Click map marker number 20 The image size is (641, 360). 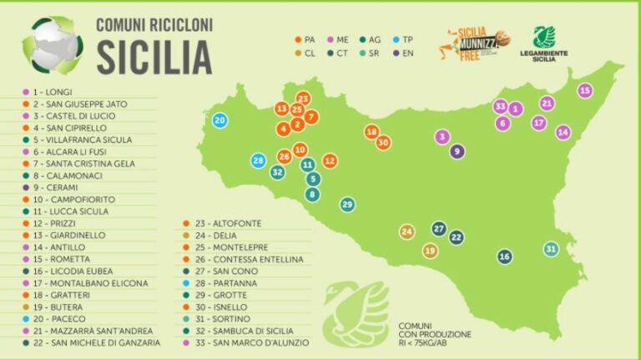pos(220,120)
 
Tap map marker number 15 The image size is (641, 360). pos(585,90)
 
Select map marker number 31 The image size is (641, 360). pos(551,249)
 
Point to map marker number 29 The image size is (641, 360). pos(347,205)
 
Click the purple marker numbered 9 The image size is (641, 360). pos(457,151)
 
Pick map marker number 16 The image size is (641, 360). pos(504,256)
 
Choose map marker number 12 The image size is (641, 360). pos(330,160)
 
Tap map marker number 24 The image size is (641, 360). pos(406,231)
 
